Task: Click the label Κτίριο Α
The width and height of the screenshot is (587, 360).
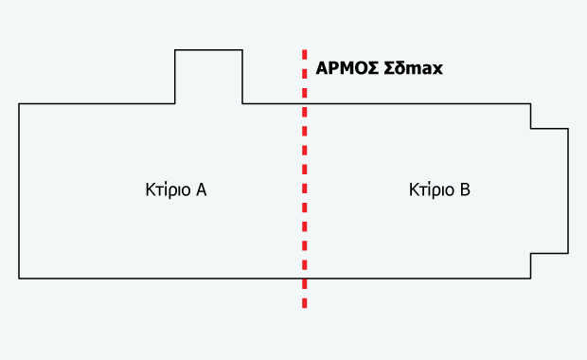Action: click(170, 189)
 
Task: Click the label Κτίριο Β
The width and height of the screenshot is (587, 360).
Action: click(439, 189)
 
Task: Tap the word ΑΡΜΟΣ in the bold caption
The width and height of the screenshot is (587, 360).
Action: click(346, 68)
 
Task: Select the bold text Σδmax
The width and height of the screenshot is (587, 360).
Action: click(412, 68)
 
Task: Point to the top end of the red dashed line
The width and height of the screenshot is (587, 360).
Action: click(304, 51)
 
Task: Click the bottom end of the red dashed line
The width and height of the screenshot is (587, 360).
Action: click(304, 307)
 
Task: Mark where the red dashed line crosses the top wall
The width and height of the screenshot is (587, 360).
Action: click(304, 103)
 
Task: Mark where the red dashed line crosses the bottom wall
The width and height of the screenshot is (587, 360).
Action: click(304, 278)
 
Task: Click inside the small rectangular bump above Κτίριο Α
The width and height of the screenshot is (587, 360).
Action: click(208, 77)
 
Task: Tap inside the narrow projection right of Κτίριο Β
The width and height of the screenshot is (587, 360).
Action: click(549, 189)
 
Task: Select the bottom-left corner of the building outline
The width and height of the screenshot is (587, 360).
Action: click(19, 278)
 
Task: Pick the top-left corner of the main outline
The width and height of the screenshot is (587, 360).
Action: click(19, 103)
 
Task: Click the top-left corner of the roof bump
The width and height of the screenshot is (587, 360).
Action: click(175, 50)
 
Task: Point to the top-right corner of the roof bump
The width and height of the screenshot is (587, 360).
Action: click(242, 50)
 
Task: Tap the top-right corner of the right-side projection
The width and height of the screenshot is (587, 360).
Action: click(568, 128)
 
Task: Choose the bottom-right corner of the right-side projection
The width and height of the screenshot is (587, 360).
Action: click(568, 253)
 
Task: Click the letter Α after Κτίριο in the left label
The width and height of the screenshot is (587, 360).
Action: click(201, 189)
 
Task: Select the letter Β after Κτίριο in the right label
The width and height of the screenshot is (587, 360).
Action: click(465, 189)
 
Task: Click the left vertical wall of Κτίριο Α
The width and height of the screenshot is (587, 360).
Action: click(19, 189)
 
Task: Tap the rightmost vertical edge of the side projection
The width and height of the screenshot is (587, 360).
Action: click(568, 189)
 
